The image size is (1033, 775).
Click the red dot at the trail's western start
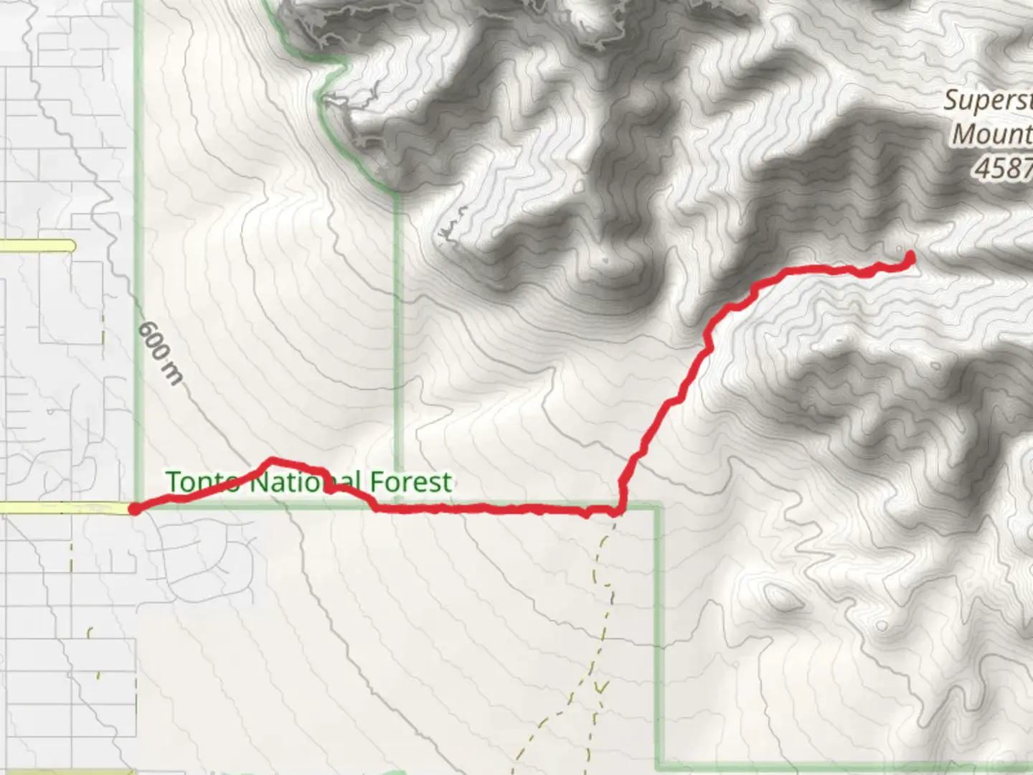coord(133,509)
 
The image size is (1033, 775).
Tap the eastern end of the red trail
coord(910,256)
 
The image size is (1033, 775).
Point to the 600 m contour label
coord(160,353)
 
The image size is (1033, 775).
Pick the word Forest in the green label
coord(411,482)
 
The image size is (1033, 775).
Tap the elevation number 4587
coord(1004,168)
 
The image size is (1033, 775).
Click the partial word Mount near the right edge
coord(992,133)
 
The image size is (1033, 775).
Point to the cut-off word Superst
coord(988,100)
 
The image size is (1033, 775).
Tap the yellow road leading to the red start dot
coord(65,508)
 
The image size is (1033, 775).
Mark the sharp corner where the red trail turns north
coord(619,510)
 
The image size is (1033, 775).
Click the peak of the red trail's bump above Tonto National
coord(271,460)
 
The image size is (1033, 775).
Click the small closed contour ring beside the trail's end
coord(900,249)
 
